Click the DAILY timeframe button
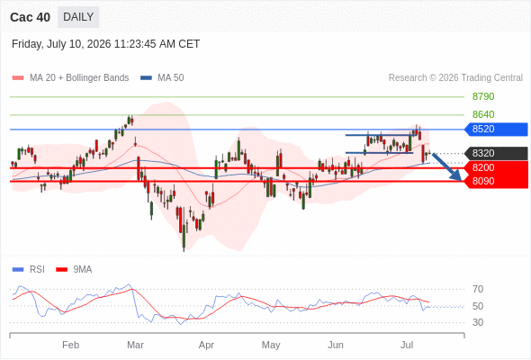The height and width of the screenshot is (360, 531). pos(78,17)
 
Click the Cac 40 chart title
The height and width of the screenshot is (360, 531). pos(30,17)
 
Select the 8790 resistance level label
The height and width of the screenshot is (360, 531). pos(483,96)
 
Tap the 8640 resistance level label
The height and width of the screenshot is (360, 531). pos(483,114)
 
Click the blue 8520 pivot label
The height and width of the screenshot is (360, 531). pos(496,129)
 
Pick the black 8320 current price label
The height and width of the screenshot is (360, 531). pos(496,153)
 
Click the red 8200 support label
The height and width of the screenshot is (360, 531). pos(496,167)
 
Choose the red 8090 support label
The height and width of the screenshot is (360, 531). pos(496,181)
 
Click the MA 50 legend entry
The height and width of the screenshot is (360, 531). pos(162,78)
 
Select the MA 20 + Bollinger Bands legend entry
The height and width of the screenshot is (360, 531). pos(70,78)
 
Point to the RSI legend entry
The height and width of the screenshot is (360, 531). pos(29,270)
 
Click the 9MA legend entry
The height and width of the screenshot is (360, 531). pos(74,270)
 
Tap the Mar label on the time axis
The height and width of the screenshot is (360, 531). pos(135,345)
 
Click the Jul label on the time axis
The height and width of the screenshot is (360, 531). pos(407,345)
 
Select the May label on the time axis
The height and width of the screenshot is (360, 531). pos(271,345)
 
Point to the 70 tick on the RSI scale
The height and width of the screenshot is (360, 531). pos(478,289)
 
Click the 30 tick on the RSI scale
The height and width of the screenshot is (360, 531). pos(478,322)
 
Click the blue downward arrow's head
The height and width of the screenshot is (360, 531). pos(457,175)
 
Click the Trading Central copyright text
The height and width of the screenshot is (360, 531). pos(455,78)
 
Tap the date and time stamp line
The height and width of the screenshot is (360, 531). pos(105,44)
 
